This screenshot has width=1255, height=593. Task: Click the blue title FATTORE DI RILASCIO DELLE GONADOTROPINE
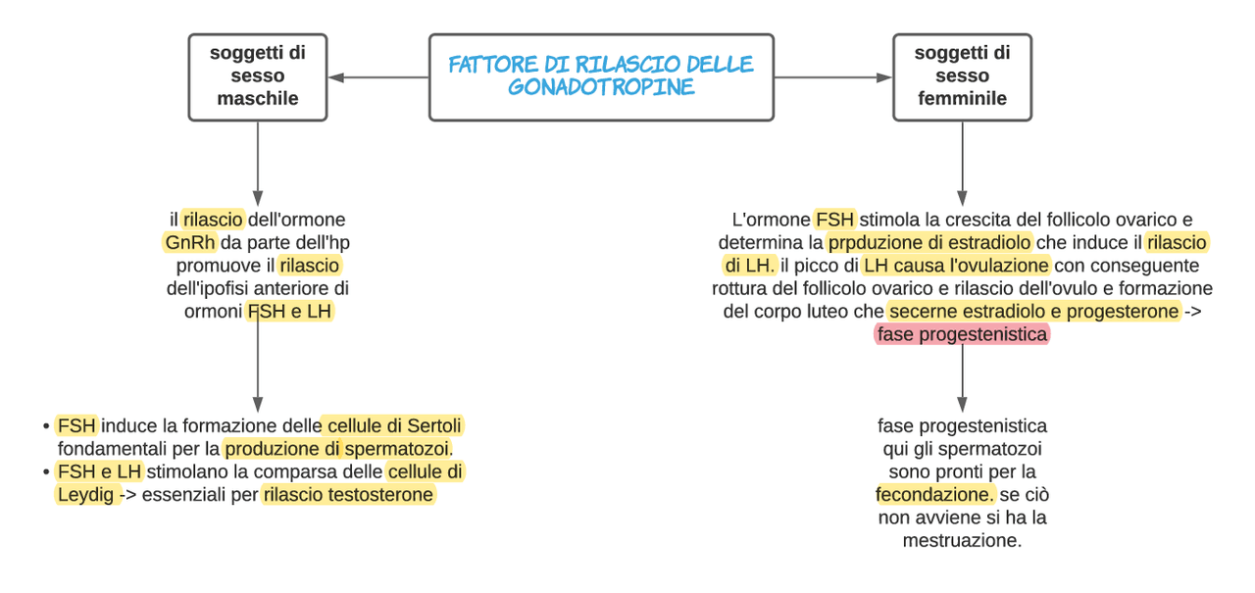[x=601, y=75]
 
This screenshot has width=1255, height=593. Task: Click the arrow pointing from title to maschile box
[x=378, y=77]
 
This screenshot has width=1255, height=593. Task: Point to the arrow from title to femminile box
[x=833, y=77]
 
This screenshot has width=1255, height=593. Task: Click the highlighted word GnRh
[x=190, y=242]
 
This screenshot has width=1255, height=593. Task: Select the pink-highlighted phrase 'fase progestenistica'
[x=962, y=334]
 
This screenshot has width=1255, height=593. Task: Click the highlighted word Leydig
[x=85, y=494]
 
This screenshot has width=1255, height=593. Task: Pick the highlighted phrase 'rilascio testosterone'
[x=348, y=494]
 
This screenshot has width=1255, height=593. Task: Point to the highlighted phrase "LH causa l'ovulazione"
[x=956, y=266]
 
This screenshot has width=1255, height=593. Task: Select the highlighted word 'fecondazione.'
[x=934, y=494]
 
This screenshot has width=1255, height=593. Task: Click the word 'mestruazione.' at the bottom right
[x=962, y=540]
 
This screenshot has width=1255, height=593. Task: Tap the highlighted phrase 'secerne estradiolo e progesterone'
[x=1033, y=312]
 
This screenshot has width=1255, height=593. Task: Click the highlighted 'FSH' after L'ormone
[x=834, y=220]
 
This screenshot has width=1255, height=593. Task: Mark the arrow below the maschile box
[x=258, y=164]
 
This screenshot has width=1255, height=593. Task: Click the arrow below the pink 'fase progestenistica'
[x=962, y=378]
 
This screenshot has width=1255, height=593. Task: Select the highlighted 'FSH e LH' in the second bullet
[x=99, y=471]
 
